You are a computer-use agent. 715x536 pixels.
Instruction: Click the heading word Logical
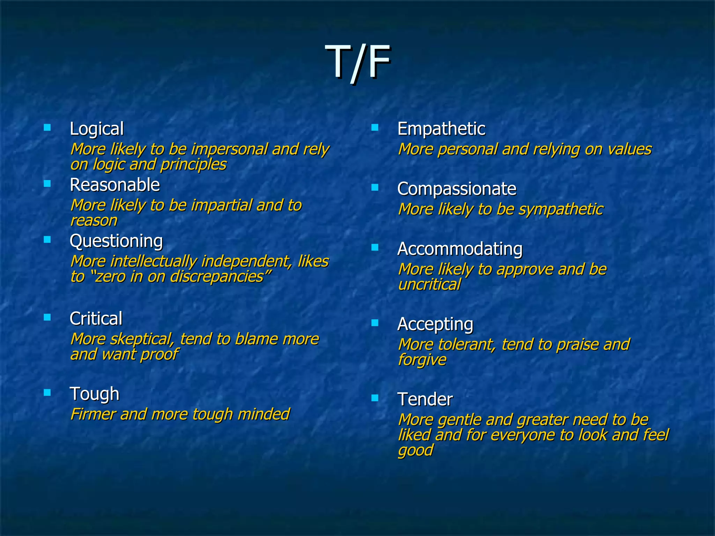click(x=97, y=129)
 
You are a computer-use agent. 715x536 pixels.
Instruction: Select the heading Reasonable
click(x=115, y=185)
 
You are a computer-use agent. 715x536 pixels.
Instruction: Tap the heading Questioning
click(x=116, y=241)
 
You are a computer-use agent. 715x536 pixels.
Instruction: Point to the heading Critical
click(x=96, y=319)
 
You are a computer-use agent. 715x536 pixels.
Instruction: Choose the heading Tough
click(x=94, y=394)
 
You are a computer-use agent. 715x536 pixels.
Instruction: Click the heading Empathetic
click(x=441, y=129)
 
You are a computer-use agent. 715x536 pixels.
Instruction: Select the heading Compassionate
click(x=457, y=189)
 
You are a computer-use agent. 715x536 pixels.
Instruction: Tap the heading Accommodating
click(x=460, y=249)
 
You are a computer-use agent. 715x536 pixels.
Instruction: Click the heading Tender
click(x=425, y=399)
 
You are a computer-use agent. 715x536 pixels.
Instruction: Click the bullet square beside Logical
click(x=47, y=127)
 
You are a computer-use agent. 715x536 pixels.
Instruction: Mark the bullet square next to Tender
click(x=375, y=398)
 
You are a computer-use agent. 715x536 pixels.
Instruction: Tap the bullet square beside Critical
click(x=47, y=317)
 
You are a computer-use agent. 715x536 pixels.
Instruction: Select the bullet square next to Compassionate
click(x=375, y=188)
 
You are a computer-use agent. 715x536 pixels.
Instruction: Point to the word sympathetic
click(x=561, y=209)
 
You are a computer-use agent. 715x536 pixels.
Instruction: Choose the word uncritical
click(x=429, y=285)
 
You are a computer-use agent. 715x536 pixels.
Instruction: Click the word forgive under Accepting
click(x=422, y=360)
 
